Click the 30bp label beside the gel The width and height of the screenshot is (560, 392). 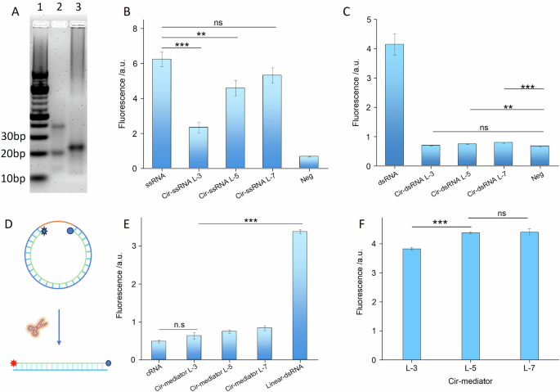(14, 136)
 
